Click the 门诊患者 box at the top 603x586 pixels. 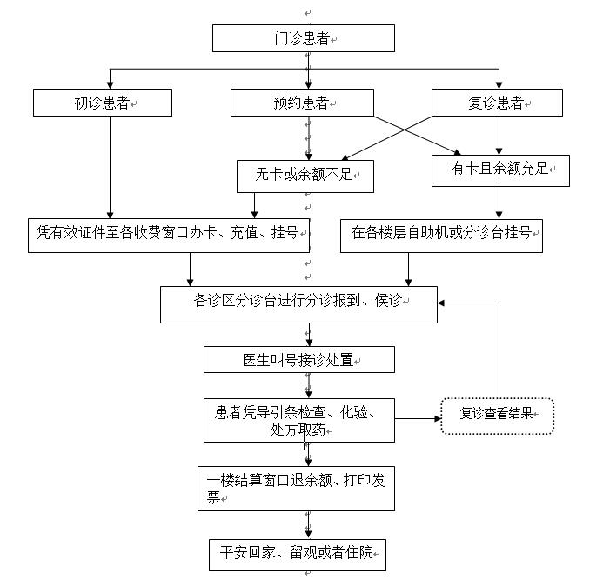coord(304,39)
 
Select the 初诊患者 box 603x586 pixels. coord(103,103)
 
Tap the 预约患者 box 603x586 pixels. coord(302,103)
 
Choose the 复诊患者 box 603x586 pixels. coord(497,103)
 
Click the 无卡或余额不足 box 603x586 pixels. coord(305,175)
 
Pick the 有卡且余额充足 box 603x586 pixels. coord(500,170)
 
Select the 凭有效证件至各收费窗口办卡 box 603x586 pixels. coord(168,234)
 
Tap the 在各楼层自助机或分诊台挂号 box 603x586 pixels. coord(440,234)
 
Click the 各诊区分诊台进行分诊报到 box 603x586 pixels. coord(298,303)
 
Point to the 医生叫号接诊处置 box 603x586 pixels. coord(299,359)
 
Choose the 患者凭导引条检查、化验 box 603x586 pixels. coord(298,420)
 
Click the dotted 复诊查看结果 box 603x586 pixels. coord(497,416)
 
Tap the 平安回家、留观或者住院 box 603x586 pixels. coord(298,554)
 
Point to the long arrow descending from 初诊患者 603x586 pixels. coord(110,165)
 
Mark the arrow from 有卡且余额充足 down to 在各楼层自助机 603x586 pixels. coord(499,203)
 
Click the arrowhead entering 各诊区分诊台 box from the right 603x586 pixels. coord(442,303)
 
